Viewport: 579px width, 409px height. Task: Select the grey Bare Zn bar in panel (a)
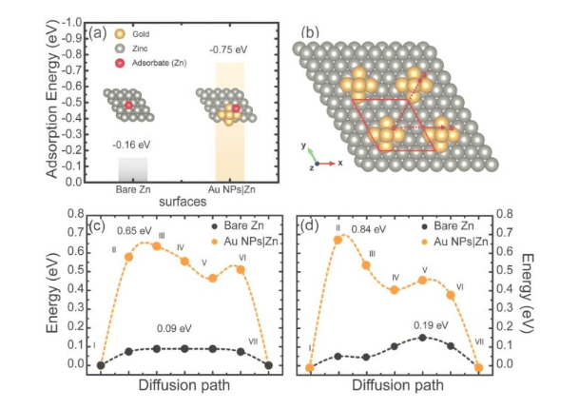(132, 169)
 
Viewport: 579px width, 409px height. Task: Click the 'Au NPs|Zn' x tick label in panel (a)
(230, 189)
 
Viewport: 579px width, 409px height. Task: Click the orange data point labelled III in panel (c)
(157, 245)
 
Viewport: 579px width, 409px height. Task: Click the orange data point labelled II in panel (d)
(337, 240)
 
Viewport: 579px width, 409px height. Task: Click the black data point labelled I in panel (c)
(101, 364)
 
